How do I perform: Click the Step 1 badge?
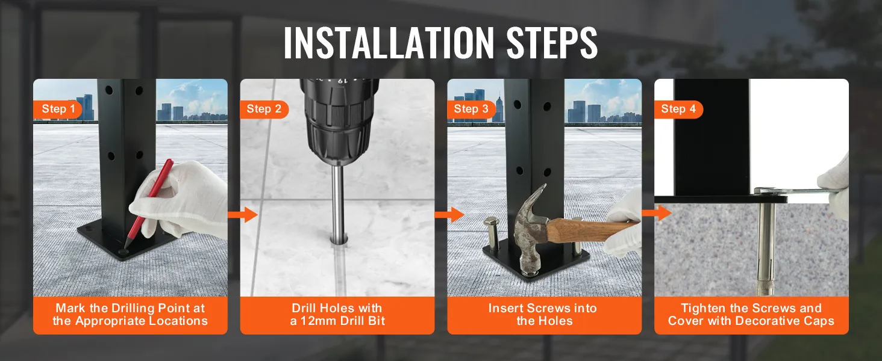(x=58, y=109)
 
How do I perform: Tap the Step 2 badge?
(x=264, y=109)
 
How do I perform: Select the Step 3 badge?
(x=471, y=109)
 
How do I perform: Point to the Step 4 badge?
(x=678, y=109)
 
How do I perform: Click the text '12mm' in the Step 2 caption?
(x=323, y=321)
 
